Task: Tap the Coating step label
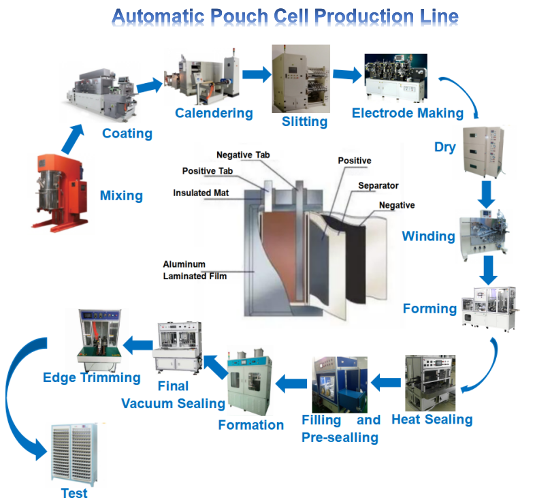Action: (127, 133)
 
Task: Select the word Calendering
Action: (204, 113)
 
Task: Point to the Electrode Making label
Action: (407, 113)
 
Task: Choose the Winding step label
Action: (428, 236)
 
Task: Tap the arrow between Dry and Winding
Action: (486, 194)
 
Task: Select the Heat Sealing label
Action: (432, 419)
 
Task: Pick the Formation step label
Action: (250, 425)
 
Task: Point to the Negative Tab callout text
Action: (243, 155)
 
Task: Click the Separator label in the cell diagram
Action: (378, 185)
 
